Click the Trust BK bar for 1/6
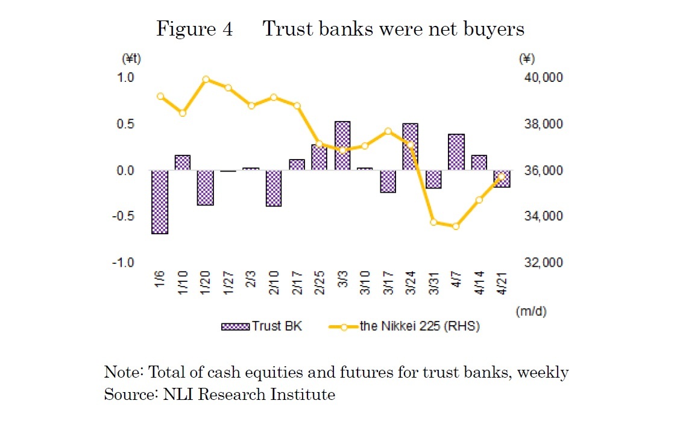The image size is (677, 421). pos(160,202)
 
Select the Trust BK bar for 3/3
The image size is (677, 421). pos(342,146)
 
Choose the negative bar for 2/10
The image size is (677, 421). pos(274,189)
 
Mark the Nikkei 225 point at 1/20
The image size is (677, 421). pos(206,79)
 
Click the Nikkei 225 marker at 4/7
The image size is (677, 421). pos(456,226)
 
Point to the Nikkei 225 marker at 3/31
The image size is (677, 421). pos(433,222)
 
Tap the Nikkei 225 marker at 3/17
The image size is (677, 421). pos(388,131)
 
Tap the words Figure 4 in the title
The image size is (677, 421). pos(194,29)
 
